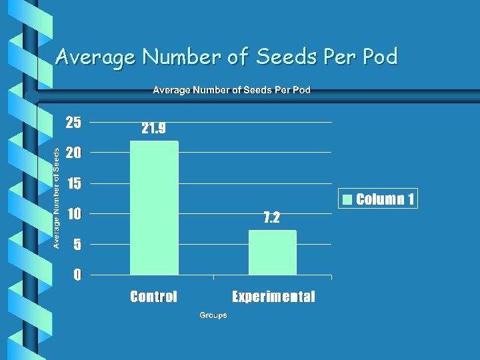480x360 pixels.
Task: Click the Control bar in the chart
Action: point(154,208)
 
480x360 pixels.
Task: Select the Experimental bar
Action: point(273,253)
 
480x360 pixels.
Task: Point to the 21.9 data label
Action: point(154,128)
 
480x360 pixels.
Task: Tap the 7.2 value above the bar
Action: point(272,217)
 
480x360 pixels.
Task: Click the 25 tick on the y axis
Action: point(73,123)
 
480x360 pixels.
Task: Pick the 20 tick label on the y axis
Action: point(73,153)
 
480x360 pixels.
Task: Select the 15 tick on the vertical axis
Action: point(74,183)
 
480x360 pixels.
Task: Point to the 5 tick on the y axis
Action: point(77,244)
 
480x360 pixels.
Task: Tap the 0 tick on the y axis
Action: point(77,275)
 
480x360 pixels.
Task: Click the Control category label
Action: point(154,296)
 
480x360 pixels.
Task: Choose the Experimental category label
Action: point(273,296)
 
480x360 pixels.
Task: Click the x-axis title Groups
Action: point(213,315)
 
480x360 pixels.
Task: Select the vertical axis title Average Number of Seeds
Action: point(56,198)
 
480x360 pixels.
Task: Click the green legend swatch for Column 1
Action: point(347,199)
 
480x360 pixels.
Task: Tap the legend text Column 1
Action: point(385,199)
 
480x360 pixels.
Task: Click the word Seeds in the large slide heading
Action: point(286,56)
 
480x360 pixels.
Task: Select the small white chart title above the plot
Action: point(232,90)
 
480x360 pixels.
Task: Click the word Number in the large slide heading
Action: point(181,56)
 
